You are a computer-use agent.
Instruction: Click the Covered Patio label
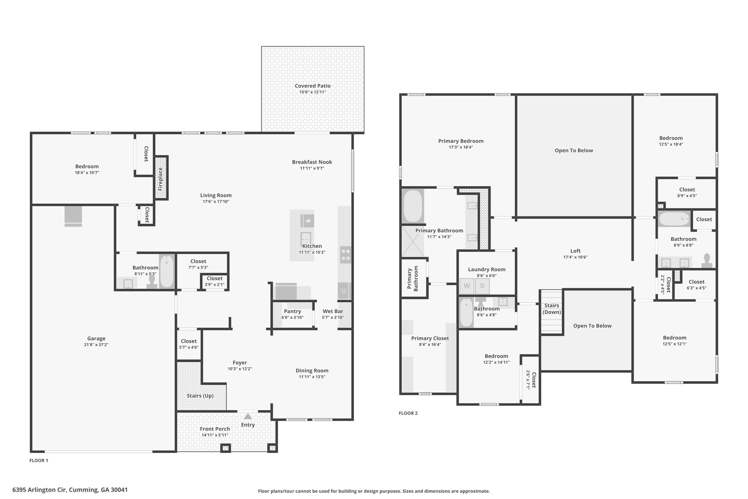[313, 86]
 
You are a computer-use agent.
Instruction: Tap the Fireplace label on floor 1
[160, 179]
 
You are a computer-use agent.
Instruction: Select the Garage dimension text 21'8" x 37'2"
[96, 344]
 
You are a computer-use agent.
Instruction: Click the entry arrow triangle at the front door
[248, 416]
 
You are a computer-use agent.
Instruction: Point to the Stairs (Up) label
[200, 396]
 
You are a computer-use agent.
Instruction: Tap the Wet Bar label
[333, 311]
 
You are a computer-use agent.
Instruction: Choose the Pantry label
[293, 311]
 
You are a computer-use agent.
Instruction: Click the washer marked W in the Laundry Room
[467, 286]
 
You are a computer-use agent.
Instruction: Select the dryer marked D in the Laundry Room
[482, 286]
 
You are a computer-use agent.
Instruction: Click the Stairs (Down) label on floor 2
[552, 309]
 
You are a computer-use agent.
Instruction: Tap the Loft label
[575, 251]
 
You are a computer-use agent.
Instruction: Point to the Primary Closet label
[430, 338]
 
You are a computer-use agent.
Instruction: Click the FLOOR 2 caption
[408, 413]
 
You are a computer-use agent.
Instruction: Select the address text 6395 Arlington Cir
[40, 490]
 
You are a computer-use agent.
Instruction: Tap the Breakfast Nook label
[312, 162]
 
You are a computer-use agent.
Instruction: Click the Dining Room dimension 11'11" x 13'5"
[312, 377]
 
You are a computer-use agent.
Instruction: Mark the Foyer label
[240, 363]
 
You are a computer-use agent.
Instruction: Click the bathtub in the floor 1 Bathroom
[167, 271]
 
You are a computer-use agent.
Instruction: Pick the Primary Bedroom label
[461, 141]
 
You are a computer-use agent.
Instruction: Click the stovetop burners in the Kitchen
[346, 255]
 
